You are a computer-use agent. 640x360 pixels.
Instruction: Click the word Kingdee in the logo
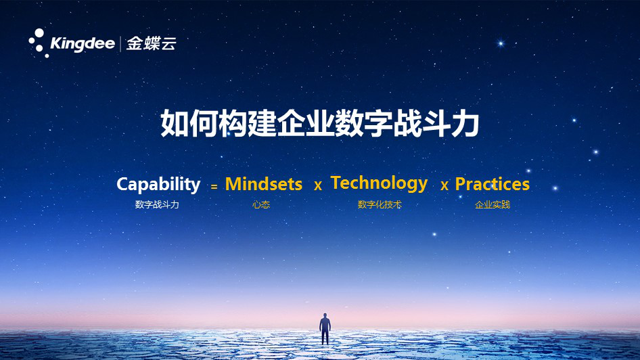click(x=83, y=44)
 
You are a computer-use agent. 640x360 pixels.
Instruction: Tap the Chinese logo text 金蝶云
click(x=152, y=43)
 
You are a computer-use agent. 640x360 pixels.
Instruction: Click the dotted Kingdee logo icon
click(x=38, y=43)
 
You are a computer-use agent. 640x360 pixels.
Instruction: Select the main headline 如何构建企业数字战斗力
click(x=320, y=125)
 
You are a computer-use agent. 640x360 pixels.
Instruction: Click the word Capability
click(x=158, y=184)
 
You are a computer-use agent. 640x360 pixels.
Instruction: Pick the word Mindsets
click(x=264, y=184)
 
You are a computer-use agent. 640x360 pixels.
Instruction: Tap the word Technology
click(x=379, y=183)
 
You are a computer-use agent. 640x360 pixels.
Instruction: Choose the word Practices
click(x=492, y=184)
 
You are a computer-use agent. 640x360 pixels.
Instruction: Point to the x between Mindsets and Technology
click(x=318, y=185)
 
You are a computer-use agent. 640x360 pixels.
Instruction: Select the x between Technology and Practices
click(x=444, y=185)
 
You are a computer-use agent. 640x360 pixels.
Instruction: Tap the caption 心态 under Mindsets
click(x=261, y=204)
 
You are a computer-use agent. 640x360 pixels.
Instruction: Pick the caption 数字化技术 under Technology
click(x=380, y=204)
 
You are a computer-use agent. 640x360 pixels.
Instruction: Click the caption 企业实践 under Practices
click(x=493, y=204)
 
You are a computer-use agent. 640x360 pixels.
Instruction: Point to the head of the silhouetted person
click(x=325, y=315)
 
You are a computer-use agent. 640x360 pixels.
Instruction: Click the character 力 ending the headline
click(x=465, y=125)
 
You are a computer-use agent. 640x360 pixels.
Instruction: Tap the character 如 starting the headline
click(x=175, y=125)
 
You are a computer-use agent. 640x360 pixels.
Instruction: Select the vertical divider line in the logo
click(x=120, y=44)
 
